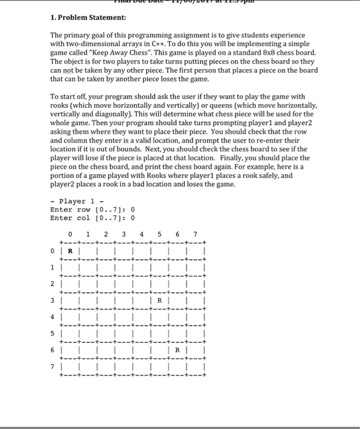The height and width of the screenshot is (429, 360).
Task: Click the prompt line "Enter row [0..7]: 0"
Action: pos(92,210)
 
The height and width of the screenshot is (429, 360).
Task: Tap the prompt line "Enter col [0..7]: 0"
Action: pos(92,218)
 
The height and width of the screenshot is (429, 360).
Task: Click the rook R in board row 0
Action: pos(71,250)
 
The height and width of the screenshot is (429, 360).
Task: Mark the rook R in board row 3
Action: pos(159,301)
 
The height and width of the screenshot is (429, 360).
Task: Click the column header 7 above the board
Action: pos(195,233)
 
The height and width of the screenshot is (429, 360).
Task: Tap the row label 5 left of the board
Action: pos(53,334)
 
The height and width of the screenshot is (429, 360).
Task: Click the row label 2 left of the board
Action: pos(53,284)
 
